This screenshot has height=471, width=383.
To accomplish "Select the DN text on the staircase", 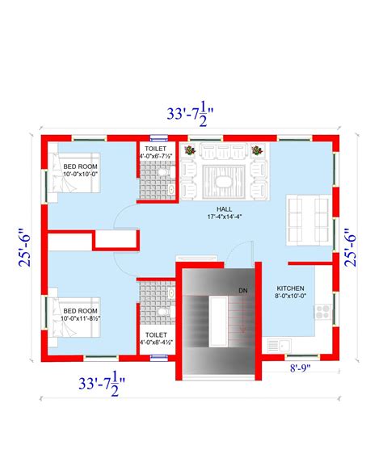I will pos(242,290).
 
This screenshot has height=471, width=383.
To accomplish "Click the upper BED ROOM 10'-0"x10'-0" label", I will pos(80,170).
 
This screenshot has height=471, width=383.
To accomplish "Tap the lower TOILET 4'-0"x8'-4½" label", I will pos(155,338).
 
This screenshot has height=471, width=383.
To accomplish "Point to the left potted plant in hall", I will pos(189,150).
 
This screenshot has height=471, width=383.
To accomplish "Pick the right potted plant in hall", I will pos(257,150).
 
